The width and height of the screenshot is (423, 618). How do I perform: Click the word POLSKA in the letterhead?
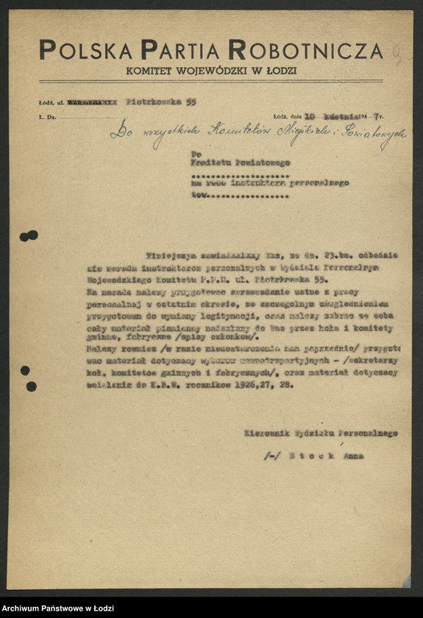point(86,51)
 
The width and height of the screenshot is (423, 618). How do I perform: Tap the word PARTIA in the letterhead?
point(180,51)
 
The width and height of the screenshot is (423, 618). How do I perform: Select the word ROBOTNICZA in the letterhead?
point(305,51)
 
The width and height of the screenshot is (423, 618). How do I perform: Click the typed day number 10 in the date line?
point(311,116)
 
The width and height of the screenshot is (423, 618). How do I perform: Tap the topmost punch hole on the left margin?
point(29,235)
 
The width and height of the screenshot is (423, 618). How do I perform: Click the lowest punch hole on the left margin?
point(30,386)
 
